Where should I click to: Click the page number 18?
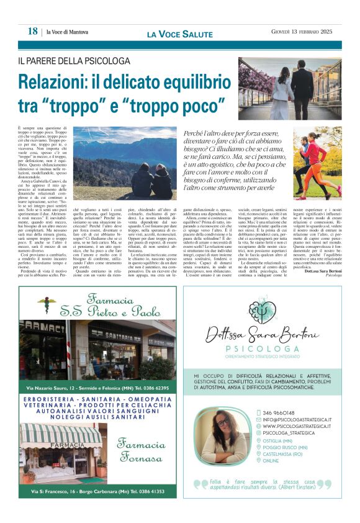click(x=32, y=31)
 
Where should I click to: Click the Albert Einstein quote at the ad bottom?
click(x=268, y=484)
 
